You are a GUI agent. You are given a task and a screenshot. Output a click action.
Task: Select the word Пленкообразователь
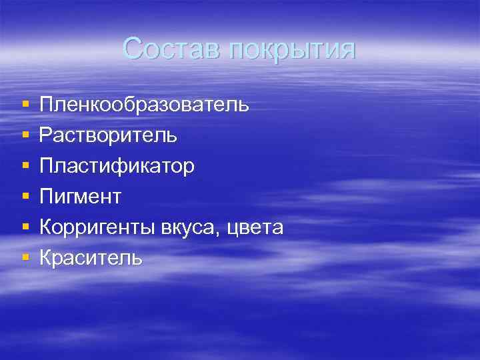click(x=145, y=105)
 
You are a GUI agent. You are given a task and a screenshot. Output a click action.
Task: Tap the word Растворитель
click(x=108, y=135)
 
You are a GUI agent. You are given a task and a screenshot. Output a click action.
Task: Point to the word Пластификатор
click(x=117, y=166)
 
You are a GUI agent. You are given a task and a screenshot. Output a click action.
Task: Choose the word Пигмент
click(x=81, y=197)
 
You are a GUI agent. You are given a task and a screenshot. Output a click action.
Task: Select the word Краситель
click(x=91, y=258)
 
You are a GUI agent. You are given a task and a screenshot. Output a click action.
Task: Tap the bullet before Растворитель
click(x=25, y=136)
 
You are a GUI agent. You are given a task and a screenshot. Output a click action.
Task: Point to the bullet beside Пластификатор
click(x=25, y=167)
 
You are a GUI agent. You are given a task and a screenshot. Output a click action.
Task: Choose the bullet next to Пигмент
click(x=25, y=197)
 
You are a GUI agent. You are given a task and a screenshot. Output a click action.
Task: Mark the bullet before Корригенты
click(x=25, y=228)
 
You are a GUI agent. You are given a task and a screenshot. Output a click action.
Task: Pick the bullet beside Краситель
click(x=25, y=259)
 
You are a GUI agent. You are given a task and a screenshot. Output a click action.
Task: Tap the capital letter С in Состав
click(x=133, y=49)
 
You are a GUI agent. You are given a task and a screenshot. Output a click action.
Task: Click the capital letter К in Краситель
click(x=45, y=258)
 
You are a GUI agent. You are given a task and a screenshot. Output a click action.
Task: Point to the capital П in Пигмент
click(x=46, y=197)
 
